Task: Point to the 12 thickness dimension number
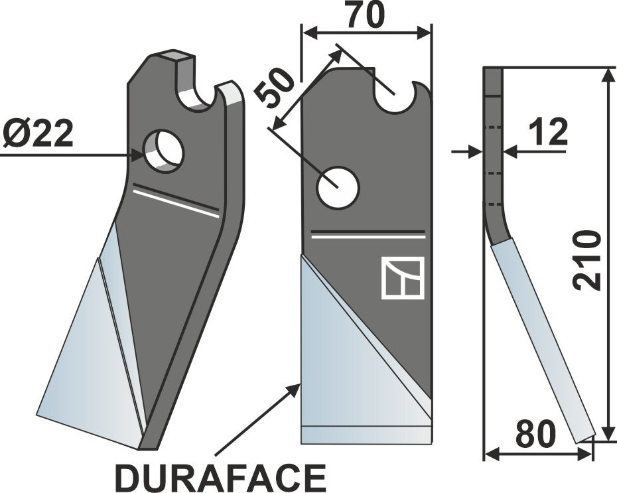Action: (547, 133)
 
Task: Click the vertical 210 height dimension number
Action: (588, 260)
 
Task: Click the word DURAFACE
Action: (220, 477)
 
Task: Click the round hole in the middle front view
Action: (338, 188)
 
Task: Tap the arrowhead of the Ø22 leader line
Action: (139, 155)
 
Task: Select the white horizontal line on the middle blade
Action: (368, 234)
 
